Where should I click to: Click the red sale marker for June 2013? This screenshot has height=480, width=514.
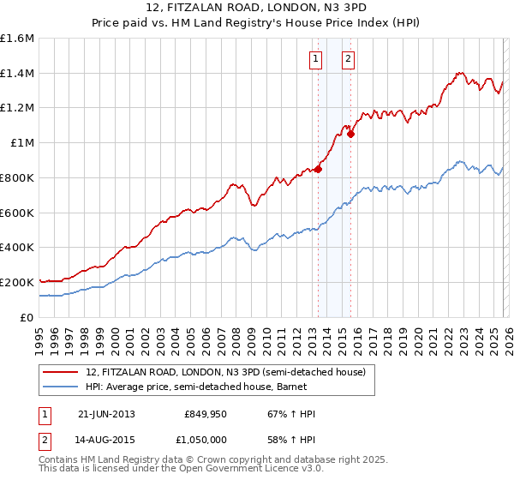tap(318, 169)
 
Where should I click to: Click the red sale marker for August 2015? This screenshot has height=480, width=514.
tap(350, 134)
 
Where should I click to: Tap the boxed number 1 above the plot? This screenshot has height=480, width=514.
tap(316, 59)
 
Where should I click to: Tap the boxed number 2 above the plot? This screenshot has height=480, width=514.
tap(349, 59)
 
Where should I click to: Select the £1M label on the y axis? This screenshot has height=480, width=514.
tap(22, 143)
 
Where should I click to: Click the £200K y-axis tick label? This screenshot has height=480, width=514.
tap(17, 282)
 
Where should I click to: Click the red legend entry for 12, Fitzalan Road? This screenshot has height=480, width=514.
tap(226, 372)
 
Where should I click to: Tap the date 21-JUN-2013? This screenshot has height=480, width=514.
tap(106, 414)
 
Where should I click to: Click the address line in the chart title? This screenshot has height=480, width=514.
tap(257, 9)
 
